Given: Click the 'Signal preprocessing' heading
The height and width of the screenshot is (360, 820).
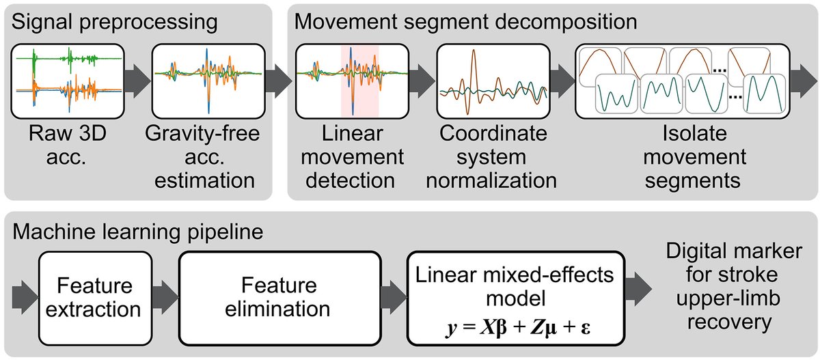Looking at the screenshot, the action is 115,22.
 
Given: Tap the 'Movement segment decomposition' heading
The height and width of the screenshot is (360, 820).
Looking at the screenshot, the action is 465,22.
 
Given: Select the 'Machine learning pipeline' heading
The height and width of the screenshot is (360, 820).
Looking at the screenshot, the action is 137,232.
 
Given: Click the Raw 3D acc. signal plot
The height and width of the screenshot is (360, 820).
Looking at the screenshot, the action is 68,81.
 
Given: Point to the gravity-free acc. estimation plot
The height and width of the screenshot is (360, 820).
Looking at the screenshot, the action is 208,81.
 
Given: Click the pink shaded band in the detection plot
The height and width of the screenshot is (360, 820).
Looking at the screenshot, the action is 360,81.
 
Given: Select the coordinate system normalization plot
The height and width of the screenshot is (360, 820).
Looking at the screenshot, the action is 493,81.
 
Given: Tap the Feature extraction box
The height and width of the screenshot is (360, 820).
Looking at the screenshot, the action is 95,298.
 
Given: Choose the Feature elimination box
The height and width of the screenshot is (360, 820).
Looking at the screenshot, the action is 280,298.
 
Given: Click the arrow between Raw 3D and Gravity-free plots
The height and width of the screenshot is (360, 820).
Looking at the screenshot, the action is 137,81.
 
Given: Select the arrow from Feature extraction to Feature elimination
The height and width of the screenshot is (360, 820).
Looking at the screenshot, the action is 165,297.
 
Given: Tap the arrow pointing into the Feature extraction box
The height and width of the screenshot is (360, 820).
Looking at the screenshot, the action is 25,297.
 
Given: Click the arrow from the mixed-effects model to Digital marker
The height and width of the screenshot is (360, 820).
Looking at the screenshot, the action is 638,289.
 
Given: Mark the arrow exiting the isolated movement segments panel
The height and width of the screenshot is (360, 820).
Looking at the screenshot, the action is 804,81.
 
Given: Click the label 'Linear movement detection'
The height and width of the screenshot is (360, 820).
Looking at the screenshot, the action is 352,157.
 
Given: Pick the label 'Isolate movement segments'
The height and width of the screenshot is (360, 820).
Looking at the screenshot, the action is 694,157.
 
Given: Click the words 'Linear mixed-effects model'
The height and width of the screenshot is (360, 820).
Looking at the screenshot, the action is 515,286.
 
